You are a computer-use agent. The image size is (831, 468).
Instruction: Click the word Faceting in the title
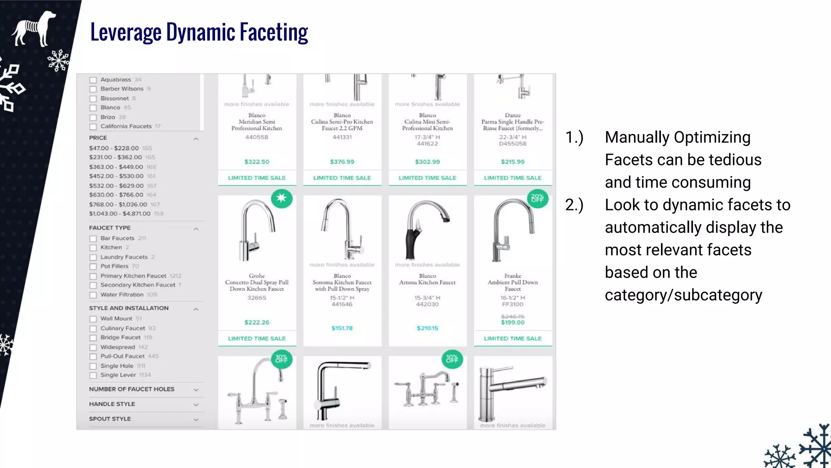tap(273, 32)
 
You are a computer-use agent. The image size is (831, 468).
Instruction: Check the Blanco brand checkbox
tap(93, 108)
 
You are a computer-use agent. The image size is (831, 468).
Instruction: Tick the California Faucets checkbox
tap(93, 127)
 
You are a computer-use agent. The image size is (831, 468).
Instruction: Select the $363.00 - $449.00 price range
tap(116, 167)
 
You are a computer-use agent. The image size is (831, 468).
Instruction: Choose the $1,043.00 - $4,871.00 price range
tap(120, 214)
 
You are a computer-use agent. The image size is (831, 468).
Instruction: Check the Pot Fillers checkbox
tap(93, 267)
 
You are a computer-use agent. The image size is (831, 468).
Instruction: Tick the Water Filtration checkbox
tap(93, 295)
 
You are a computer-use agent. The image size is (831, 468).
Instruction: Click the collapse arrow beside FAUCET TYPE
tap(196, 229)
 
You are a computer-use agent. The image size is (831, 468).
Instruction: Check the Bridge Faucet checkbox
tap(93, 338)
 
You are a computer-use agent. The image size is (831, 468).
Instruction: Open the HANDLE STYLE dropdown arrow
tap(196, 405)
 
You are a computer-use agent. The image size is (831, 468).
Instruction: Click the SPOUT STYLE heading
tap(110, 419)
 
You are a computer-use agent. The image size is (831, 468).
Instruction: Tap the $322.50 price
tap(256, 162)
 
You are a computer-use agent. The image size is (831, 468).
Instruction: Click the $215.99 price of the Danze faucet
tap(512, 162)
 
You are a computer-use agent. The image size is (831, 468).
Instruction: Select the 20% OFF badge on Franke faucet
tap(537, 198)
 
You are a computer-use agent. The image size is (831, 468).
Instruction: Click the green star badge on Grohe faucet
tap(281, 198)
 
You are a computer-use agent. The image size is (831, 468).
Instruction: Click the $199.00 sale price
tap(512, 323)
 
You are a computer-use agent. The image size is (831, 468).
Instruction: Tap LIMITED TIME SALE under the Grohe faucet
tap(256, 338)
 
